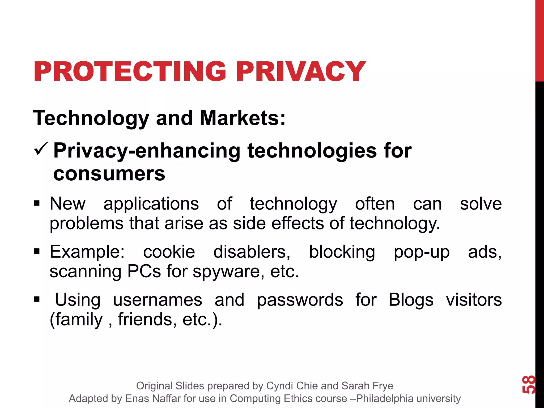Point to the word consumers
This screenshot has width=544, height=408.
109,174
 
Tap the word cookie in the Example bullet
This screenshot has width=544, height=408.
169,252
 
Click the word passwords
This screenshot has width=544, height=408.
300,300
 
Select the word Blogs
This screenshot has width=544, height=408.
411,300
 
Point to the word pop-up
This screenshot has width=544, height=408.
422,252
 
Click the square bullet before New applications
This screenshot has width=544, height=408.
37,204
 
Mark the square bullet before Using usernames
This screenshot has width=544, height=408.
37,300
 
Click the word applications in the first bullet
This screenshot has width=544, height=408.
151,204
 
